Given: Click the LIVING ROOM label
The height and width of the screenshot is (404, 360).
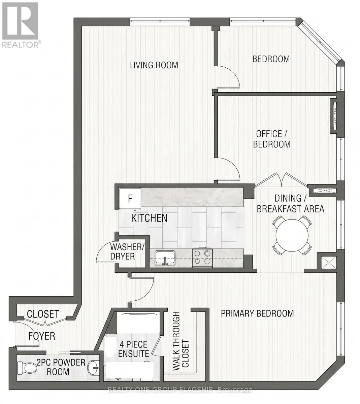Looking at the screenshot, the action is coord(154,65).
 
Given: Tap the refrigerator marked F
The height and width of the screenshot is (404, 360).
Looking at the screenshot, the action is coord(130,199).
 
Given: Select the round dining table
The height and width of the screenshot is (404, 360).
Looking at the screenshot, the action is coord(292,235).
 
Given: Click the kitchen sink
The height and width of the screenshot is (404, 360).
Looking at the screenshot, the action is coord(165,258).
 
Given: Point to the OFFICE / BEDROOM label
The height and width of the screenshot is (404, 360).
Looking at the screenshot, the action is coord(272,139).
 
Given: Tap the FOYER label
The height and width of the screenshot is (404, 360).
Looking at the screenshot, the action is coord(42,336).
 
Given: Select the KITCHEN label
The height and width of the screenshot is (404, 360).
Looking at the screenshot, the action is coord(149,218).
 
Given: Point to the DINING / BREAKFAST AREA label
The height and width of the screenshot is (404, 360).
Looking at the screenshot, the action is coord(290,204).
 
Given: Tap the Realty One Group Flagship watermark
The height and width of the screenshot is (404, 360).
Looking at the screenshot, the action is coord(180,390).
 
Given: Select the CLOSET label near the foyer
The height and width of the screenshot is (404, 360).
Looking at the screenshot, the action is coord(43,314).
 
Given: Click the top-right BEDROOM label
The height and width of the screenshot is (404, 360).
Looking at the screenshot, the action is coord(271,59).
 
